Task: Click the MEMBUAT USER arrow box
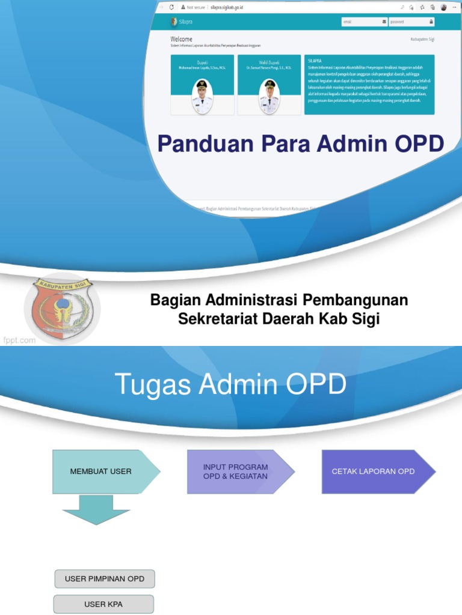pyautogui.click(x=102, y=471)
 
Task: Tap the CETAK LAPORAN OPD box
pyautogui.click(x=374, y=471)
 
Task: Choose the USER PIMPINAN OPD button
pyautogui.click(x=105, y=579)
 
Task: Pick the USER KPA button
pyautogui.click(x=103, y=604)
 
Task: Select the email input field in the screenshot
pyautogui.click(x=363, y=22)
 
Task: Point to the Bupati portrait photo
pyautogui.click(x=202, y=96)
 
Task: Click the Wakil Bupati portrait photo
pyautogui.click(x=269, y=96)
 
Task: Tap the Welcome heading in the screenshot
pyautogui.click(x=181, y=38)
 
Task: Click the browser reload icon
pyautogui.click(x=171, y=7)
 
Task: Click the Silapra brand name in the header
pyautogui.click(x=185, y=22)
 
